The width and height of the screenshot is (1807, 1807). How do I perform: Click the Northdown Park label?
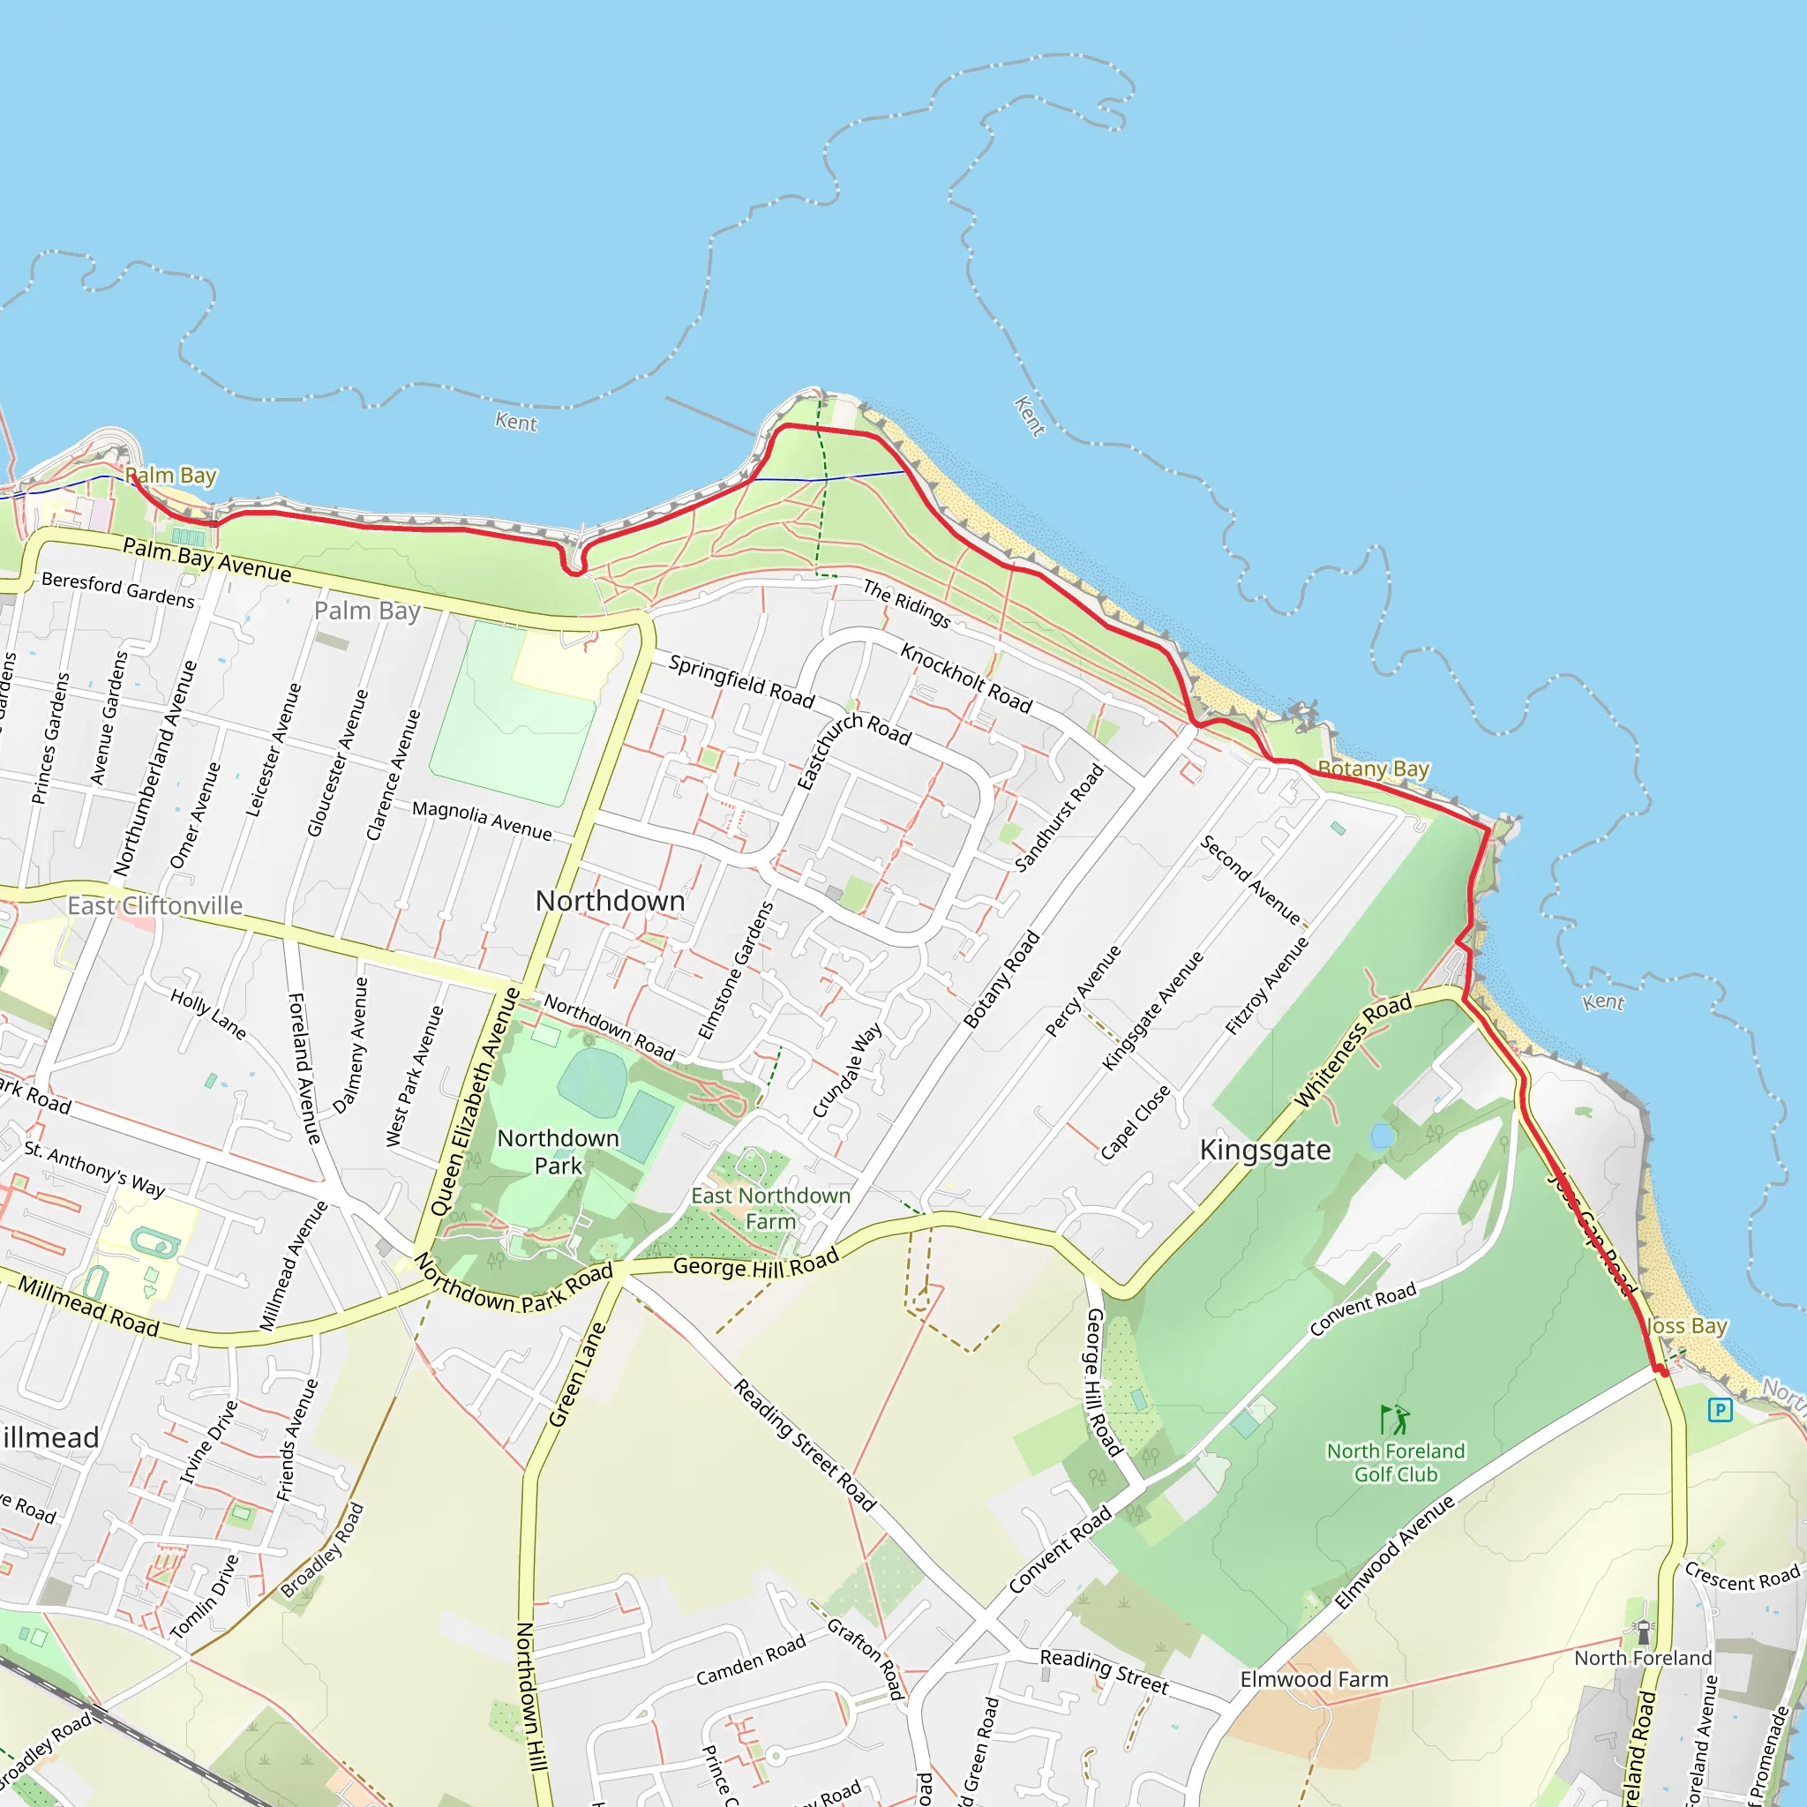(x=558, y=1151)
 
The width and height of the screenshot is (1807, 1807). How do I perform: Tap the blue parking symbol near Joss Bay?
(x=1719, y=1409)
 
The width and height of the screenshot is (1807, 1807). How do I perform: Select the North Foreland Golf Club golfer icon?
(x=1395, y=1420)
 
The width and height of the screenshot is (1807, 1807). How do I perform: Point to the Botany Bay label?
(x=1373, y=769)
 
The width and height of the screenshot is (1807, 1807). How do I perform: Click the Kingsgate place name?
(x=1264, y=1150)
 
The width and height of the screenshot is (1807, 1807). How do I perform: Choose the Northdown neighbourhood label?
(x=610, y=901)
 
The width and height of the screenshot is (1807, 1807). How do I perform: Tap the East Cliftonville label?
(x=154, y=905)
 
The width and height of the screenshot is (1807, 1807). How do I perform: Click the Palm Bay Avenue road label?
(x=206, y=559)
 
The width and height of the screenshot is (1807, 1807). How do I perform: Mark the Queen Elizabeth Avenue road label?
(x=476, y=1101)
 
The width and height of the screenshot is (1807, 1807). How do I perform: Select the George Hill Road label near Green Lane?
(x=756, y=1265)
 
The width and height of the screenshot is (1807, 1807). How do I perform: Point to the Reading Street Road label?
(x=805, y=1445)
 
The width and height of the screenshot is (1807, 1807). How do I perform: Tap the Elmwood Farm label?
(x=1313, y=1679)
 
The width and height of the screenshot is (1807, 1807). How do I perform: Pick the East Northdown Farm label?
(x=770, y=1209)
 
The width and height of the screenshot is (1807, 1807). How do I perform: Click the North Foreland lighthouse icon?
(x=1642, y=1632)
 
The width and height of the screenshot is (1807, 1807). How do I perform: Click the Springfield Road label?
(x=741, y=681)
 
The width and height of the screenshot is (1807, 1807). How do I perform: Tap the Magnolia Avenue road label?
(x=482, y=821)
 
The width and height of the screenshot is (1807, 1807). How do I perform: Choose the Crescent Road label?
(x=1742, y=1576)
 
